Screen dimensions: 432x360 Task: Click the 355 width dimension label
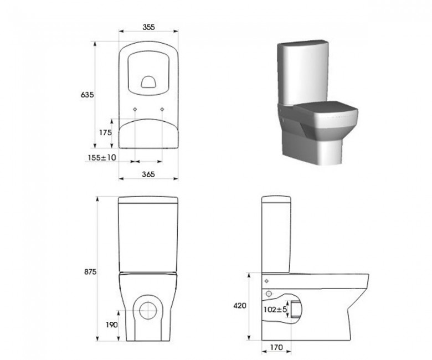click(148, 27)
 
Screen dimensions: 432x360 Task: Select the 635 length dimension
click(87, 95)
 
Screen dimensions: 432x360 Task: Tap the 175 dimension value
click(106, 132)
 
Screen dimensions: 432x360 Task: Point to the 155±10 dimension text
click(102, 157)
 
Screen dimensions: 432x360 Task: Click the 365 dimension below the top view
click(148, 174)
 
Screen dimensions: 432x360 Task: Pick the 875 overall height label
click(90, 271)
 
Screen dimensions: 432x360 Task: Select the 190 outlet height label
click(111, 325)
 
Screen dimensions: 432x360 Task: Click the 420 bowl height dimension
click(240, 306)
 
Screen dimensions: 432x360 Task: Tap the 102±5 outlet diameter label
click(275, 309)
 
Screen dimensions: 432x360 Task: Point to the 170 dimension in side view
click(276, 347)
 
